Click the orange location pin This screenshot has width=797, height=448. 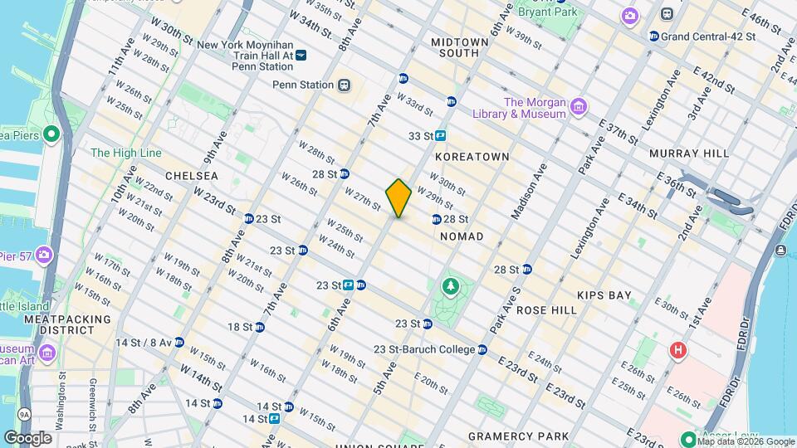coord(398,197)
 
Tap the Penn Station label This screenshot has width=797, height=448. coord(303,85)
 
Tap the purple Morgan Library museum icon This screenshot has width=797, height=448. coord(579,107)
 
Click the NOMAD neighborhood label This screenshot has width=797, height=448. coord(462,236)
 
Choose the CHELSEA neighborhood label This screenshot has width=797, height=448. coord(192,176)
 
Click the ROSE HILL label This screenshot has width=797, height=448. coord(546,309)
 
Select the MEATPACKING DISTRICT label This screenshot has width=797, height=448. coord(67,324)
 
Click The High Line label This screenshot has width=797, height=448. coord(124,153)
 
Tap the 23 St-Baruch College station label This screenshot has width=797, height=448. coord(423,349)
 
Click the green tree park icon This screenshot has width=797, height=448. coord(451,287)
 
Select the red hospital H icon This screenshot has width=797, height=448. coord(678,351)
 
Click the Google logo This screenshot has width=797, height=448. coord(27,438)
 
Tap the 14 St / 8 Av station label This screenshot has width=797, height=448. coord(144,343)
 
